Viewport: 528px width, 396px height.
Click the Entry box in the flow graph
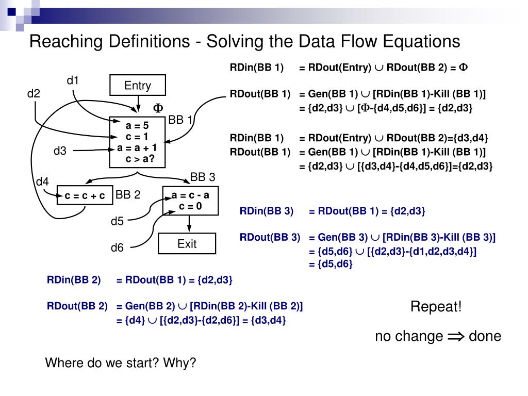(138, 86)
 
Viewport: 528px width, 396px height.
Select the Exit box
(187, 244)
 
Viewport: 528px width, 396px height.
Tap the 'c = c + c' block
(85, 195)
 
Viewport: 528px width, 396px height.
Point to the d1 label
(73, 80)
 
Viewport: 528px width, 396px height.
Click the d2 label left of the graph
(34, 93)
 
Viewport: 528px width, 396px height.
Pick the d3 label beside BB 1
(60, 151)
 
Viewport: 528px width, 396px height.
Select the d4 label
(42, 181)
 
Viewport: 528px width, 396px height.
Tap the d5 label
(118, 222)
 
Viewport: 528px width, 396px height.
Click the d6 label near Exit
(118, 247)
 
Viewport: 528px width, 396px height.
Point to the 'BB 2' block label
(128, 194)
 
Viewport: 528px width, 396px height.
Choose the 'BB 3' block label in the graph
(203, 177)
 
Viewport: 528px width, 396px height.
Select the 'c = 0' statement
(190, 206)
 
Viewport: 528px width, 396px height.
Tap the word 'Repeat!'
(436, 307)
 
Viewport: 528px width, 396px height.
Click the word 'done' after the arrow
(485, 337)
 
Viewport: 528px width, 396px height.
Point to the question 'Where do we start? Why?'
(121, 362)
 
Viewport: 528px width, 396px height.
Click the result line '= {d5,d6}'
(331, 264)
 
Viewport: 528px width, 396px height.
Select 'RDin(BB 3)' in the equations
(266, 211)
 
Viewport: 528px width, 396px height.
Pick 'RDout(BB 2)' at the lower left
(77, 306)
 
